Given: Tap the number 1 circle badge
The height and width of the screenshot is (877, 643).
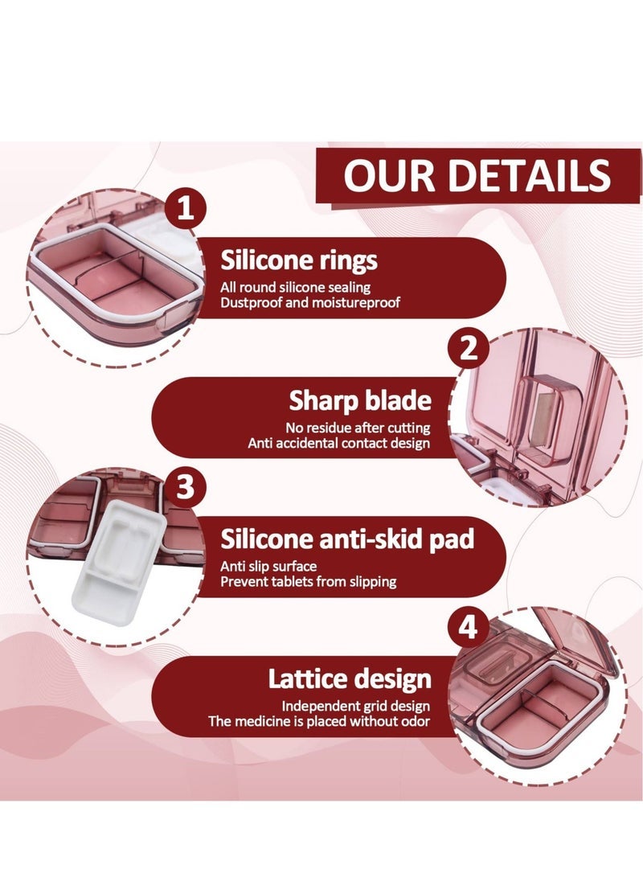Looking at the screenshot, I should [x=186, y=211].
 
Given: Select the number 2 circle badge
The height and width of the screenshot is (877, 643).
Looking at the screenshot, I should [x=469, y=349].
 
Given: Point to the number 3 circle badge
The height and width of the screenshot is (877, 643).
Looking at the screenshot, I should [x=186, y=488].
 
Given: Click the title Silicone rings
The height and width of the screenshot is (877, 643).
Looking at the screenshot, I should [x=299, y=260].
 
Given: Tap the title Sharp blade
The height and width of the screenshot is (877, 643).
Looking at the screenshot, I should [x=359, y=400].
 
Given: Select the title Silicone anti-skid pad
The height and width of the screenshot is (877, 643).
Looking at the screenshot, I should [x=347, y=539].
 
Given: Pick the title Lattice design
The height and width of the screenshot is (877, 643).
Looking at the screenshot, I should [x=350, y=679].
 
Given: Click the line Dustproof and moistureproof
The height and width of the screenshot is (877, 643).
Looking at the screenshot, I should [x=310, y=302].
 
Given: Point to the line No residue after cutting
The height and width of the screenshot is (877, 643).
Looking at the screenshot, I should [x=358, y=428].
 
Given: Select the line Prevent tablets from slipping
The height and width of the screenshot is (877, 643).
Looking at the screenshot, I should [x=309, y=581].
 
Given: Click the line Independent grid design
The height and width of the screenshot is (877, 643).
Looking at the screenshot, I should [x=355, y=706].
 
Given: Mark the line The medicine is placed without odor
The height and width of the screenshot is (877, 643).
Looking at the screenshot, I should [x=320, y=721].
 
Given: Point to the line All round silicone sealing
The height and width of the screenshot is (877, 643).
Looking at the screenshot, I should [x=296, y=286].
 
